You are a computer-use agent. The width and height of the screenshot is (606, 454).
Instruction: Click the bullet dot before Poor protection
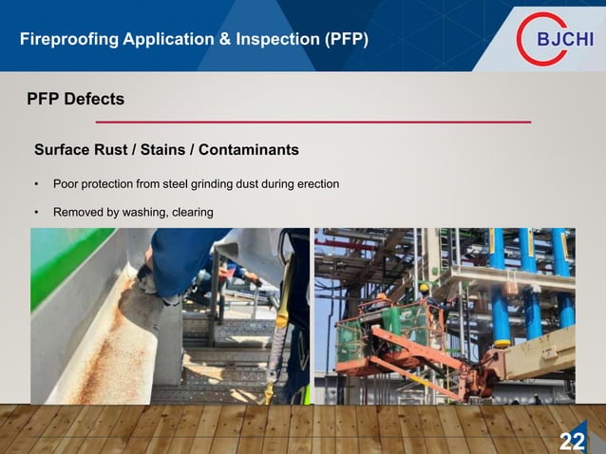tap(36, 183)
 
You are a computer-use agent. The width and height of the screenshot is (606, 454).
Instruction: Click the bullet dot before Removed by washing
tap(36, 213)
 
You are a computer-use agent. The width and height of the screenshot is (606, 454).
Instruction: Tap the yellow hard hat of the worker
tap(425, 287)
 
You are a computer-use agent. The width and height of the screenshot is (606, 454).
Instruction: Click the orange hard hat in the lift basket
tap(380, 296)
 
